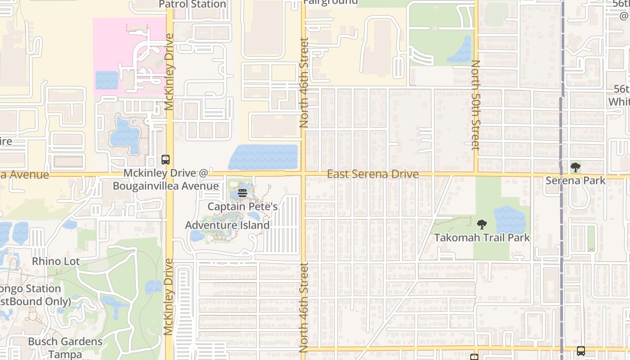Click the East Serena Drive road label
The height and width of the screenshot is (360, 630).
point(373,174)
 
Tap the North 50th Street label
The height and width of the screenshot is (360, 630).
point(476,105)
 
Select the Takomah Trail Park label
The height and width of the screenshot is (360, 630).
point(481,238)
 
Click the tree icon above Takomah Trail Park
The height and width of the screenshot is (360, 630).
point(481,224)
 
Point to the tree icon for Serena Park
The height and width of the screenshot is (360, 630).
point(575,168)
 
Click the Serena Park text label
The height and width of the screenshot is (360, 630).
point(575,180)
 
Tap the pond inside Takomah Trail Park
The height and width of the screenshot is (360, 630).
point(510,220)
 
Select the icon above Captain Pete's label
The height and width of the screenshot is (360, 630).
point(243,193)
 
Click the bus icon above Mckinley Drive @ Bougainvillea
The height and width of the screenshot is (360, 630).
point(166,160)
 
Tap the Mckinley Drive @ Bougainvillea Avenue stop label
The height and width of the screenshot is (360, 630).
point(166,180)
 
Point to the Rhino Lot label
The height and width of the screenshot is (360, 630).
point(56,261)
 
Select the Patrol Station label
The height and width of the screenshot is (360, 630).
point(193,4)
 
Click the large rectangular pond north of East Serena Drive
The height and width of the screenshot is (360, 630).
point(264,157)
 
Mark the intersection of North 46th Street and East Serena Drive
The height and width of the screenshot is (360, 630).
point(303,174)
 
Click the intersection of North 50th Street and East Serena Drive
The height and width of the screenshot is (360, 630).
point(476,174)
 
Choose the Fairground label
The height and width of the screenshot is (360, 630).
point(330,2)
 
